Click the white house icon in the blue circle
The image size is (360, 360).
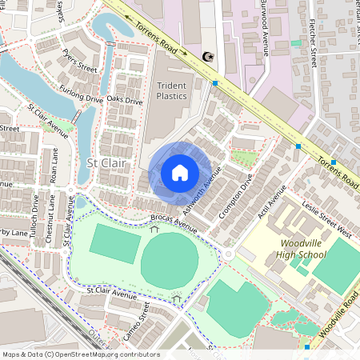tap(180, 172)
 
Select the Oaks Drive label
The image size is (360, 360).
tap(125, 101)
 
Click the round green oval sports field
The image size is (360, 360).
tap(169, 261)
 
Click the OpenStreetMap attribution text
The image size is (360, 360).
tap(81, 354)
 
